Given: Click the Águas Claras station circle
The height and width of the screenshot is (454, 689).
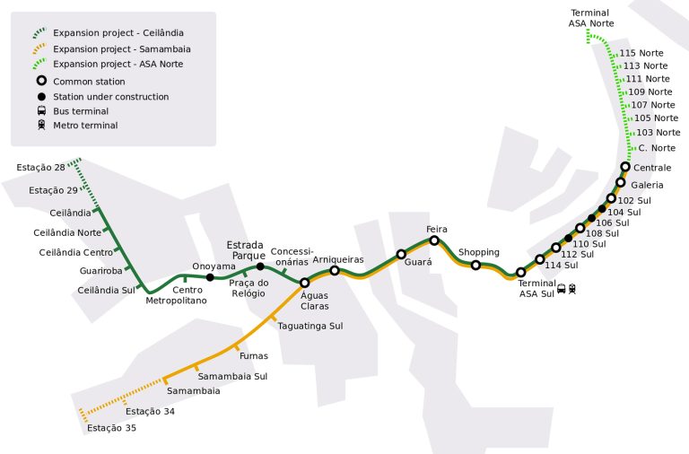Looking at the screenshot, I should (x=304, y=283).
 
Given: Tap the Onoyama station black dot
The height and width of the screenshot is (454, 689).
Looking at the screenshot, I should (x=210, y=277).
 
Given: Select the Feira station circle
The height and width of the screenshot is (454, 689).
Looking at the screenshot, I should (x=434, y=240).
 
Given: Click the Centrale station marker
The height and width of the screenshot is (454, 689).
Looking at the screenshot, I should (x=625, y=167).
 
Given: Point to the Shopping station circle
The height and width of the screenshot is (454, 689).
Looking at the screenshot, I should (x=475, y=265).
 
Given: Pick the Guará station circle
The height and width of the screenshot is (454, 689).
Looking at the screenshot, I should (x=401, y=254).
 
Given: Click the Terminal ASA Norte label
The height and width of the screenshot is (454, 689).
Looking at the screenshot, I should (x=589, y=17).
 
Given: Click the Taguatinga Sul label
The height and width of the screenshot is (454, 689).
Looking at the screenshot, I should (x=310, y=326).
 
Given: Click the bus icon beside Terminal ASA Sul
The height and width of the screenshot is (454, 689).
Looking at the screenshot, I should (x=562, y=288).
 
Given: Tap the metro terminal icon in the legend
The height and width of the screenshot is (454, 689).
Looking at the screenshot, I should (x=41, y=126).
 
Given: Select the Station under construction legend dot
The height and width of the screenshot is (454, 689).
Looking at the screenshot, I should (x=41, y=96).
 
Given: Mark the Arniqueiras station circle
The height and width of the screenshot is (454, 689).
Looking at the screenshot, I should (x=335, y=271).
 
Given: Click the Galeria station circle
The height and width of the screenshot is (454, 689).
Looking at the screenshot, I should (x=620, y=183).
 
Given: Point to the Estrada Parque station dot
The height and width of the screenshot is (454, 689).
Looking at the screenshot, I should (x=260, y=266).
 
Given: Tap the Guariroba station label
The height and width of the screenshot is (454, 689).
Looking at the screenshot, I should (x=100, y=270).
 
